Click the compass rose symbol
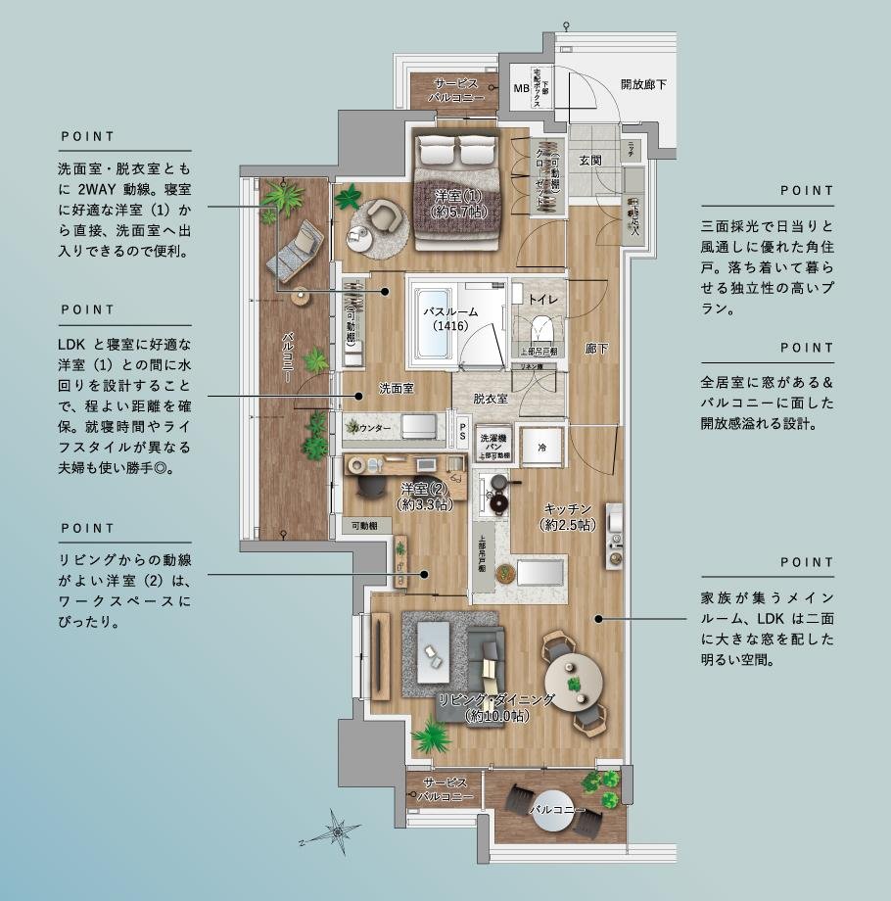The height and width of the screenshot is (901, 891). coord(339,830)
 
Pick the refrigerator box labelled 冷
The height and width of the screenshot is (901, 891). coord(540,447)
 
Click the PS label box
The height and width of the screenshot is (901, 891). coord(463,431)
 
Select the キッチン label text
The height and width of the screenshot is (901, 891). coord(567,508)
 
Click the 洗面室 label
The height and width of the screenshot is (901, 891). coord(395,388)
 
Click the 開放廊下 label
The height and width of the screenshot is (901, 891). coord(643,85)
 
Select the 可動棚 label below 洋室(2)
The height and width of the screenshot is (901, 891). coord(367,526)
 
